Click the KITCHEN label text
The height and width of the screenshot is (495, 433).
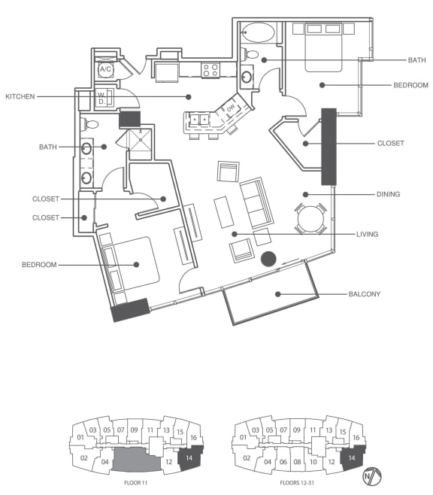point(20,96)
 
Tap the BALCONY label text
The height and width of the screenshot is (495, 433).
point(365,294)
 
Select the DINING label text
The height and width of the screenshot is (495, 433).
point(388,194)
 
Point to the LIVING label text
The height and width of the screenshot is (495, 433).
point(367,234)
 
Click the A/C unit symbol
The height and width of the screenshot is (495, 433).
point(105,69)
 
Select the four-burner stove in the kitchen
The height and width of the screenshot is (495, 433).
point(210,70)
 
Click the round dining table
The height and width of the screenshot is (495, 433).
point(310,219)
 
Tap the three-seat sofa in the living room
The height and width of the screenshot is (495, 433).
point(256,202)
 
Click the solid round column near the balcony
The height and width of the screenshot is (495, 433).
point(268,259)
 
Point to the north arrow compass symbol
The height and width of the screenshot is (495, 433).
point(372,476)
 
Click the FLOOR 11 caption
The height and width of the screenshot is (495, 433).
point(135,483)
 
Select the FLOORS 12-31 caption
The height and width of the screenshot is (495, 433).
point(297,483)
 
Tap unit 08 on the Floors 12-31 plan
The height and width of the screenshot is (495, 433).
point(298,462)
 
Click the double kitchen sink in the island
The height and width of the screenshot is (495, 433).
point(200,120)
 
